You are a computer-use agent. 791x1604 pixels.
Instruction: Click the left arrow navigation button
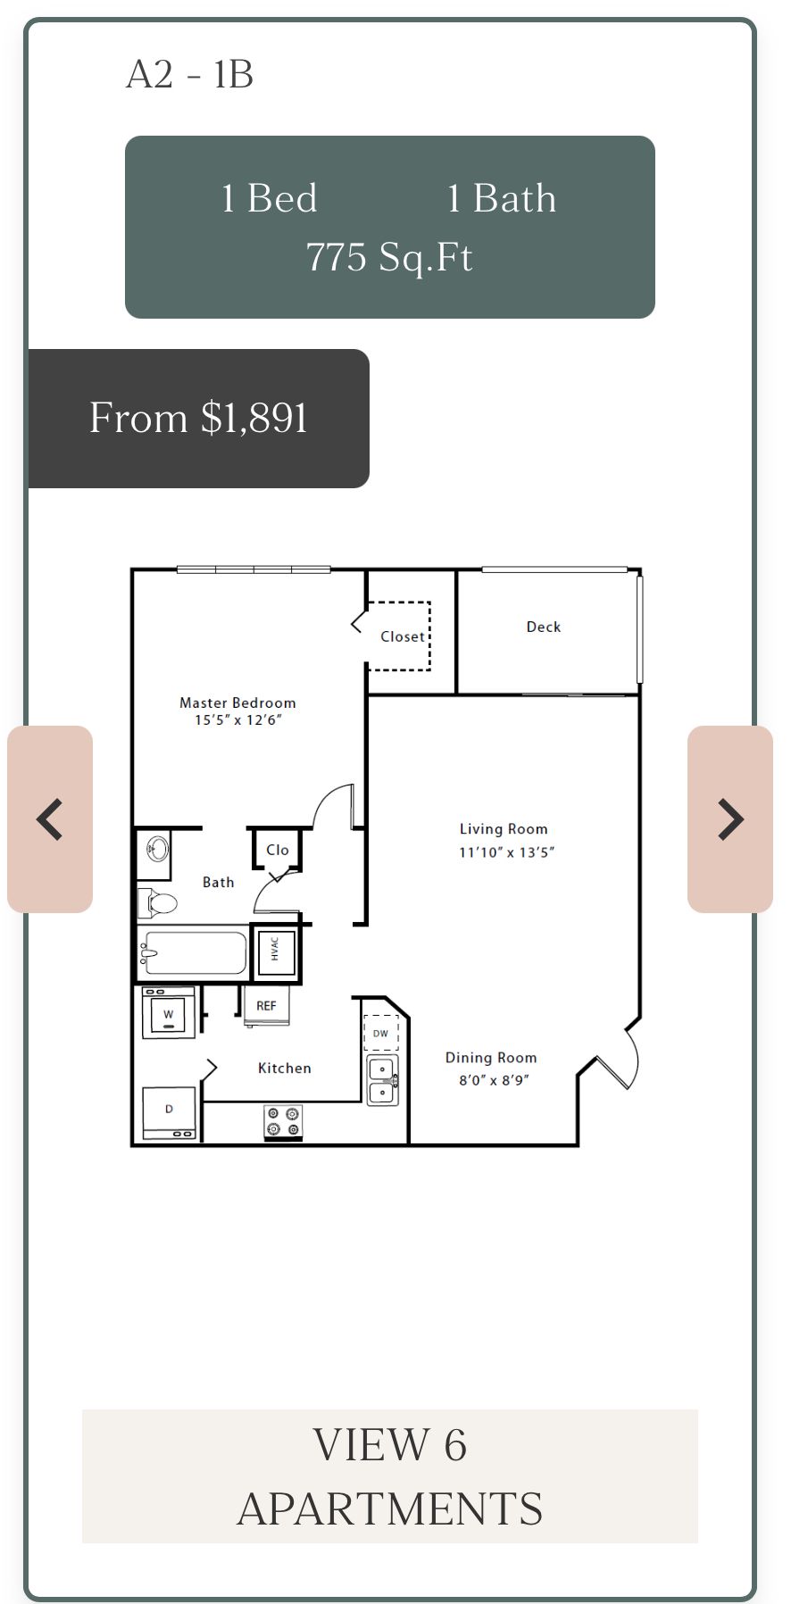[50, 819]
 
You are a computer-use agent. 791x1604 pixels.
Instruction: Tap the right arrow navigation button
[730, 819]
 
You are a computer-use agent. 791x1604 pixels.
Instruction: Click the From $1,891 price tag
[199, 418]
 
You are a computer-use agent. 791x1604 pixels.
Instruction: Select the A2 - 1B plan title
[189, 74]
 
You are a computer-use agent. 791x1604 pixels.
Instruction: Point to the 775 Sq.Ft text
[389, 257]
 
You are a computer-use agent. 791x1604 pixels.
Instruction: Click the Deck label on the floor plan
[544, 627]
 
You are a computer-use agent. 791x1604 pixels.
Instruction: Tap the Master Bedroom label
[237, 702]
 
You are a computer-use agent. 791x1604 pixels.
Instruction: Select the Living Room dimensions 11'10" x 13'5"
[506, 852]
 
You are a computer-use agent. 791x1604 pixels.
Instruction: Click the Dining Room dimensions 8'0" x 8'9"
[494, 1080]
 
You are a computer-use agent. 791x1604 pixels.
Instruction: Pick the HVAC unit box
[275, 952]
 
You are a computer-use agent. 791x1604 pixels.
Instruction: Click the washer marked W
[169, 1013]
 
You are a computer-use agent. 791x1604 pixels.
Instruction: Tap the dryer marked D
[169, 1113]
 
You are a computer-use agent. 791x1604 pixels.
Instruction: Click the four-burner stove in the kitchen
[283, 1122]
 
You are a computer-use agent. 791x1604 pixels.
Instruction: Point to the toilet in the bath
[157, 903]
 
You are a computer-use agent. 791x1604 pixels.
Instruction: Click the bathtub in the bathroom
[193, 953]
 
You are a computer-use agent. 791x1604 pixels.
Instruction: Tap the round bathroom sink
[158, 848]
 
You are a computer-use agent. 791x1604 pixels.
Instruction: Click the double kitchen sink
[383, 1080]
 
